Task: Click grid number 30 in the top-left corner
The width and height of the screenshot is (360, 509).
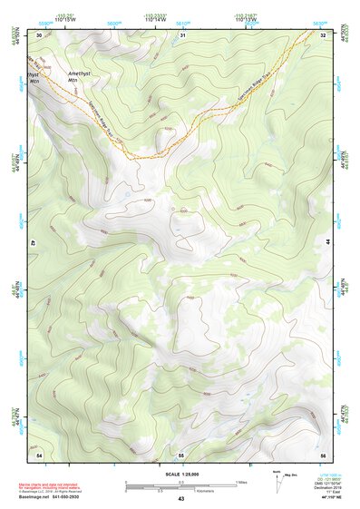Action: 39,34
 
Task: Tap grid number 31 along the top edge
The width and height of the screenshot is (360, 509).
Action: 182,34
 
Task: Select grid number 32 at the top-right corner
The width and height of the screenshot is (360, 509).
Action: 323,34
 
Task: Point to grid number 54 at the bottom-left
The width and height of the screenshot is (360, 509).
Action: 39,454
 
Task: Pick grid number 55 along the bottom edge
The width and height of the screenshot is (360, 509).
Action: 181,454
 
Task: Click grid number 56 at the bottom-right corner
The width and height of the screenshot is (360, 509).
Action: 323,454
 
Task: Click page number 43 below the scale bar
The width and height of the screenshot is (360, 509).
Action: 181,500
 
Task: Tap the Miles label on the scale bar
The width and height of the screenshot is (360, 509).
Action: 242,482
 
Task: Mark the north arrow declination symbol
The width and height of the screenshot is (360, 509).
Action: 278,485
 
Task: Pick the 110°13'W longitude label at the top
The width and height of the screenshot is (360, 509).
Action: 246,19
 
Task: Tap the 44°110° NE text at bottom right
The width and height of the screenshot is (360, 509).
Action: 331,499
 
